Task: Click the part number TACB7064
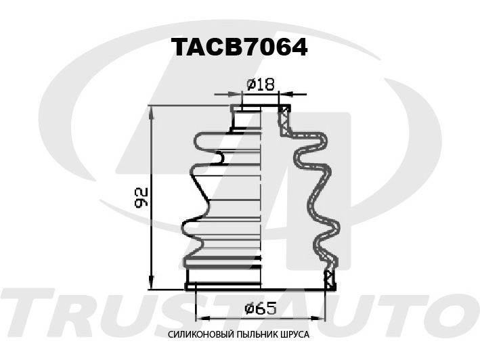tap(240, 47)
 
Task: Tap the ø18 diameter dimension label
tap(261, 85)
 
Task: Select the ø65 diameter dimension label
tap(261, 308)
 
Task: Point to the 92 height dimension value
tap(141, 198)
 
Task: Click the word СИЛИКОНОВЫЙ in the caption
tap(200, 334)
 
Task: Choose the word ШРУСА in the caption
tap(294, 334)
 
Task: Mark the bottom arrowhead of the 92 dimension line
tap(151, 282)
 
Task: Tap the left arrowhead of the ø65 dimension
tap(202, 318)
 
